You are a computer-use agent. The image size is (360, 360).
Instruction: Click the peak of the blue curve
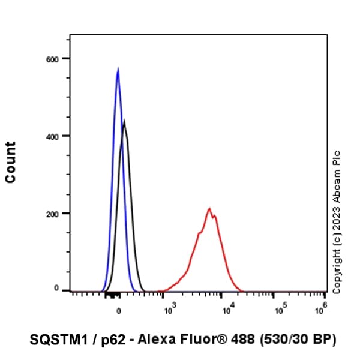point(118,70)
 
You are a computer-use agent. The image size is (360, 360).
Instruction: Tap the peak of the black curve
point(124,122)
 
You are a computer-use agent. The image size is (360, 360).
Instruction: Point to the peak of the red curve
point(209,209)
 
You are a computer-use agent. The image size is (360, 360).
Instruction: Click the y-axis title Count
point(11,162)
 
